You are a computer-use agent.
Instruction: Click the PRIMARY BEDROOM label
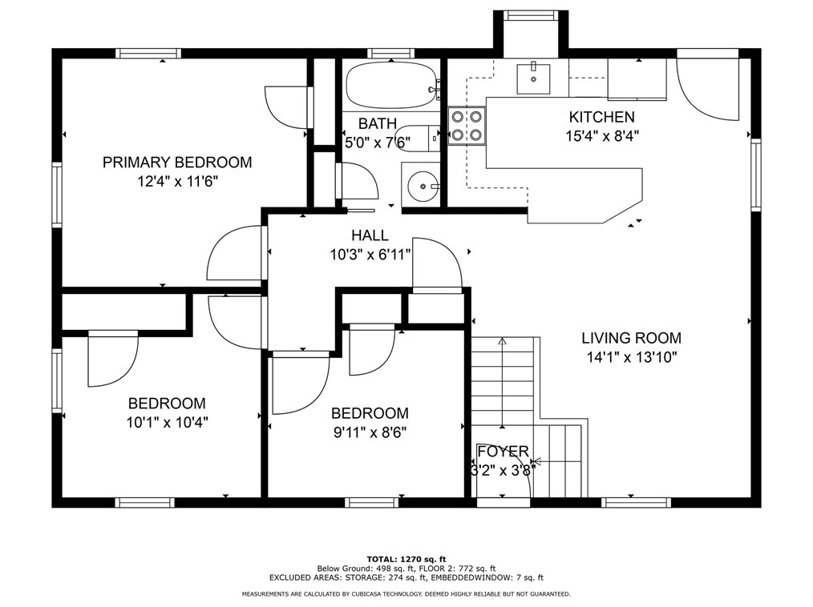(177, 162)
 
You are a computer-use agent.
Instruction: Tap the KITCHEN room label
(601, 117)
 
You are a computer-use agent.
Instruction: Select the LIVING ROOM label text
(631, 338)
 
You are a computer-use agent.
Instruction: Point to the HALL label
(370, 235)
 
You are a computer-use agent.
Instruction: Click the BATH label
(378, 124)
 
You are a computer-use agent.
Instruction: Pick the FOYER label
(503, 452)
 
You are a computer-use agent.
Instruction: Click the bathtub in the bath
(392, 85)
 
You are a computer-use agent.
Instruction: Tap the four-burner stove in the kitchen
(467, 126)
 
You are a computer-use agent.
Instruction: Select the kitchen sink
(533, 78)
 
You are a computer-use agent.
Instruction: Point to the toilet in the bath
(420, 139)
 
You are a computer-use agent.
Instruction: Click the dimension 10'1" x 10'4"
(167, 423)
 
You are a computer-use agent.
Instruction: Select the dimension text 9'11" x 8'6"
(370, 432)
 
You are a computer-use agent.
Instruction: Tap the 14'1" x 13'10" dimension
(632, 357)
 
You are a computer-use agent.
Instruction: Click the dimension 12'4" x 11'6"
(177, 182)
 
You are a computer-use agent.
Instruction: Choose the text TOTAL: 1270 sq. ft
(406, 559)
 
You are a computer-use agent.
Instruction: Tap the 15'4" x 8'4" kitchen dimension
(601, 136)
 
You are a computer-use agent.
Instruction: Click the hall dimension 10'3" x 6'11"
(370, 255)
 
